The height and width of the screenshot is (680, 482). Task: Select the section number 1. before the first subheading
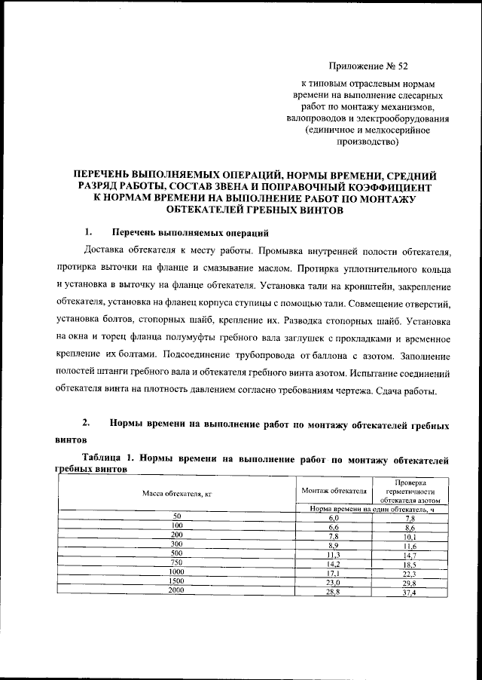tap(89, 231)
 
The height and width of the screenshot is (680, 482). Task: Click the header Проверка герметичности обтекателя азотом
tap(410, 491)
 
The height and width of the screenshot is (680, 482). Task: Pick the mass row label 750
tap(177, 562)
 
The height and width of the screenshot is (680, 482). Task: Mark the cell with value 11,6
tap(410, 544)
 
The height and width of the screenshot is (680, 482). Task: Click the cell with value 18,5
tap(410, 563)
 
